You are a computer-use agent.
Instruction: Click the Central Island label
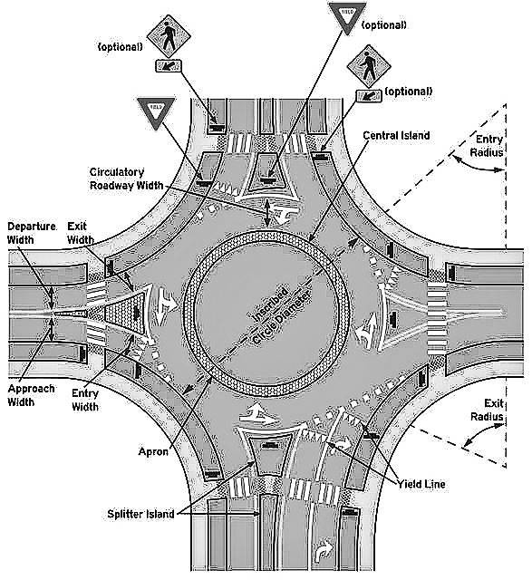(x=395, y=135)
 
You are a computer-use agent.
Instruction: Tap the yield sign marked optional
(x=348, y=18)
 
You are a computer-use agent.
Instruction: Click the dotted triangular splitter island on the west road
(x=121, y=307)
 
